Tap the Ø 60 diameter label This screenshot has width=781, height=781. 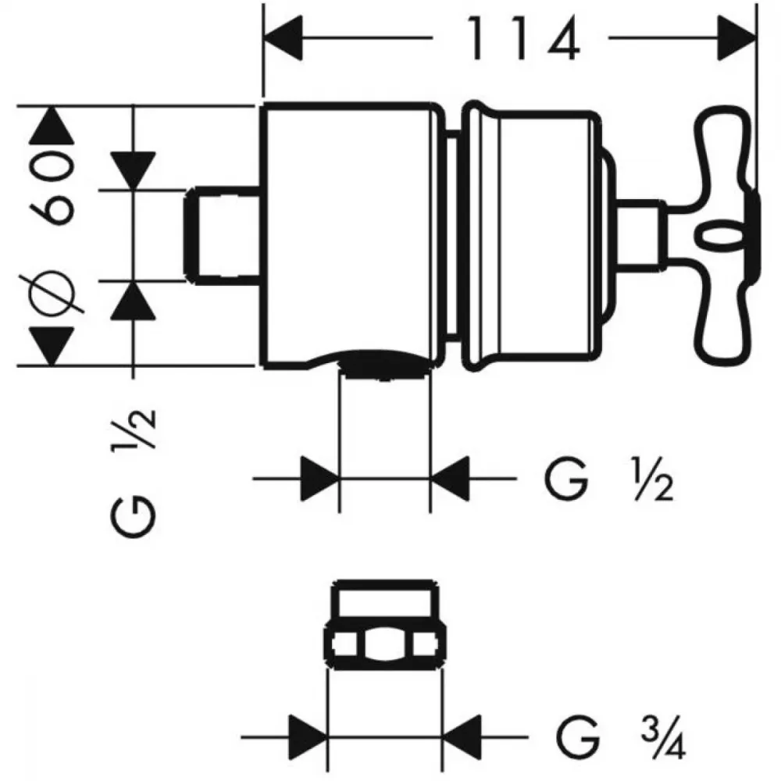(x=53, y=234)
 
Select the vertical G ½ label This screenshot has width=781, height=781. (x=134, y=473)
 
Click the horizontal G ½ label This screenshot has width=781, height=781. (x=608, y=479)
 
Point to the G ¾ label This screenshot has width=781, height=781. (x=621, y=736)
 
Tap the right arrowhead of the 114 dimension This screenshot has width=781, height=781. (x=736, y=37)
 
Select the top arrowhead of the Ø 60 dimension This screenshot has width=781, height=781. (x=52, y=126)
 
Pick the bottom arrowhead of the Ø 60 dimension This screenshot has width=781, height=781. (x=52, y=346)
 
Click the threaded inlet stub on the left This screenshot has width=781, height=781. (x=223, y=236)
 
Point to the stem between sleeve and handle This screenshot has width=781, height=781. (x=640, y=235)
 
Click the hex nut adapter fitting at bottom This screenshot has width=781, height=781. (x=385, y=624)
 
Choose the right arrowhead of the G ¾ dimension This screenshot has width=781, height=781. (x=462, y=736)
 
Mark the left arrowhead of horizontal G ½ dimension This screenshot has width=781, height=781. (x=320, y=479)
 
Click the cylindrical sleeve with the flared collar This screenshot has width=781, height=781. (x=531, y=236)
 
